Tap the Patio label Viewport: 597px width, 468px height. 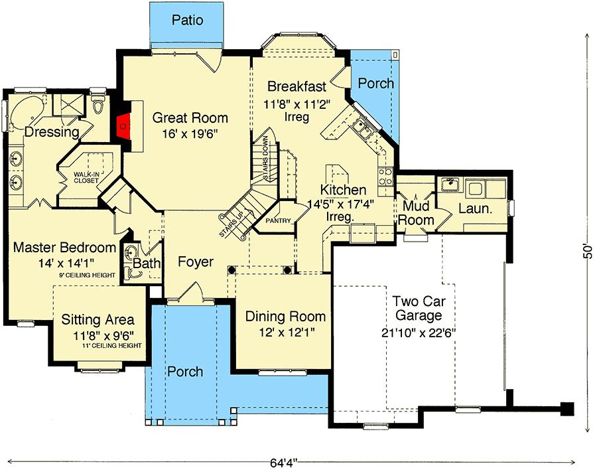pyautogui.click(x=187, y=20)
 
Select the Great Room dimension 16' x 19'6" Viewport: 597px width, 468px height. pyautogui.click(x=190, y=134)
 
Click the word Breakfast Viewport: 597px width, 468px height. pyautogui.click(x=297, y=86)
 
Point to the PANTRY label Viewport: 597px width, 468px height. pyautogui.click(x=278, y=220)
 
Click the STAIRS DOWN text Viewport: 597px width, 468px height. pyautogui.click(x=265, y=157)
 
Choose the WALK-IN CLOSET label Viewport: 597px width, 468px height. pyautogui.click(x=86, y=178)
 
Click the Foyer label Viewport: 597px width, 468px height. pyautogui.click(x=196, y=262)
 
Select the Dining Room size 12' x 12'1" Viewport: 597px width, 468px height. pyautogui.click(x=287, y=333)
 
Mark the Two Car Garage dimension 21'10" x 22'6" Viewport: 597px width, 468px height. pyautogui.click(x=419, y=333)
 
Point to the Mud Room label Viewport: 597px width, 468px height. pyautogui.click(x=416, y=213)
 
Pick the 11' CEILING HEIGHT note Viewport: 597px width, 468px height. pyautogui.click(x=112, y=346)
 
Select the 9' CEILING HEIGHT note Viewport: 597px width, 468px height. pyautogui.click(x=87, y=275)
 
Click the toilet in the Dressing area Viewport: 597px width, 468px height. pyautogui.click(x=98, y=104)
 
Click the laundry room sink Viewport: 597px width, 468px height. pyautogui.click(x=451, y=185)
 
